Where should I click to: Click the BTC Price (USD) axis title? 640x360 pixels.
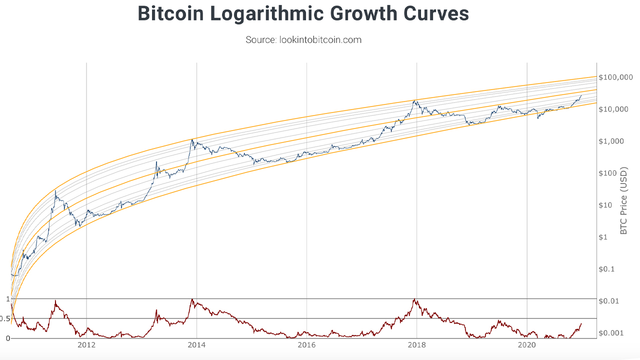coord(623,200)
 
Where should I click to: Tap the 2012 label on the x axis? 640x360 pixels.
coord(86,345)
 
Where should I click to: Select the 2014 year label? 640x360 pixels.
coord(196,345)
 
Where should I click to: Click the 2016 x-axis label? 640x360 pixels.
coord(306,345)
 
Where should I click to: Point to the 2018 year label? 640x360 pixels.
coord(416,345)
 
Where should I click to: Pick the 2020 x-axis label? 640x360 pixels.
coord(526,345)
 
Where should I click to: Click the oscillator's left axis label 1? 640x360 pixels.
coord(7,299)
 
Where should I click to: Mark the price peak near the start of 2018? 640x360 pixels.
coord(414,100)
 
